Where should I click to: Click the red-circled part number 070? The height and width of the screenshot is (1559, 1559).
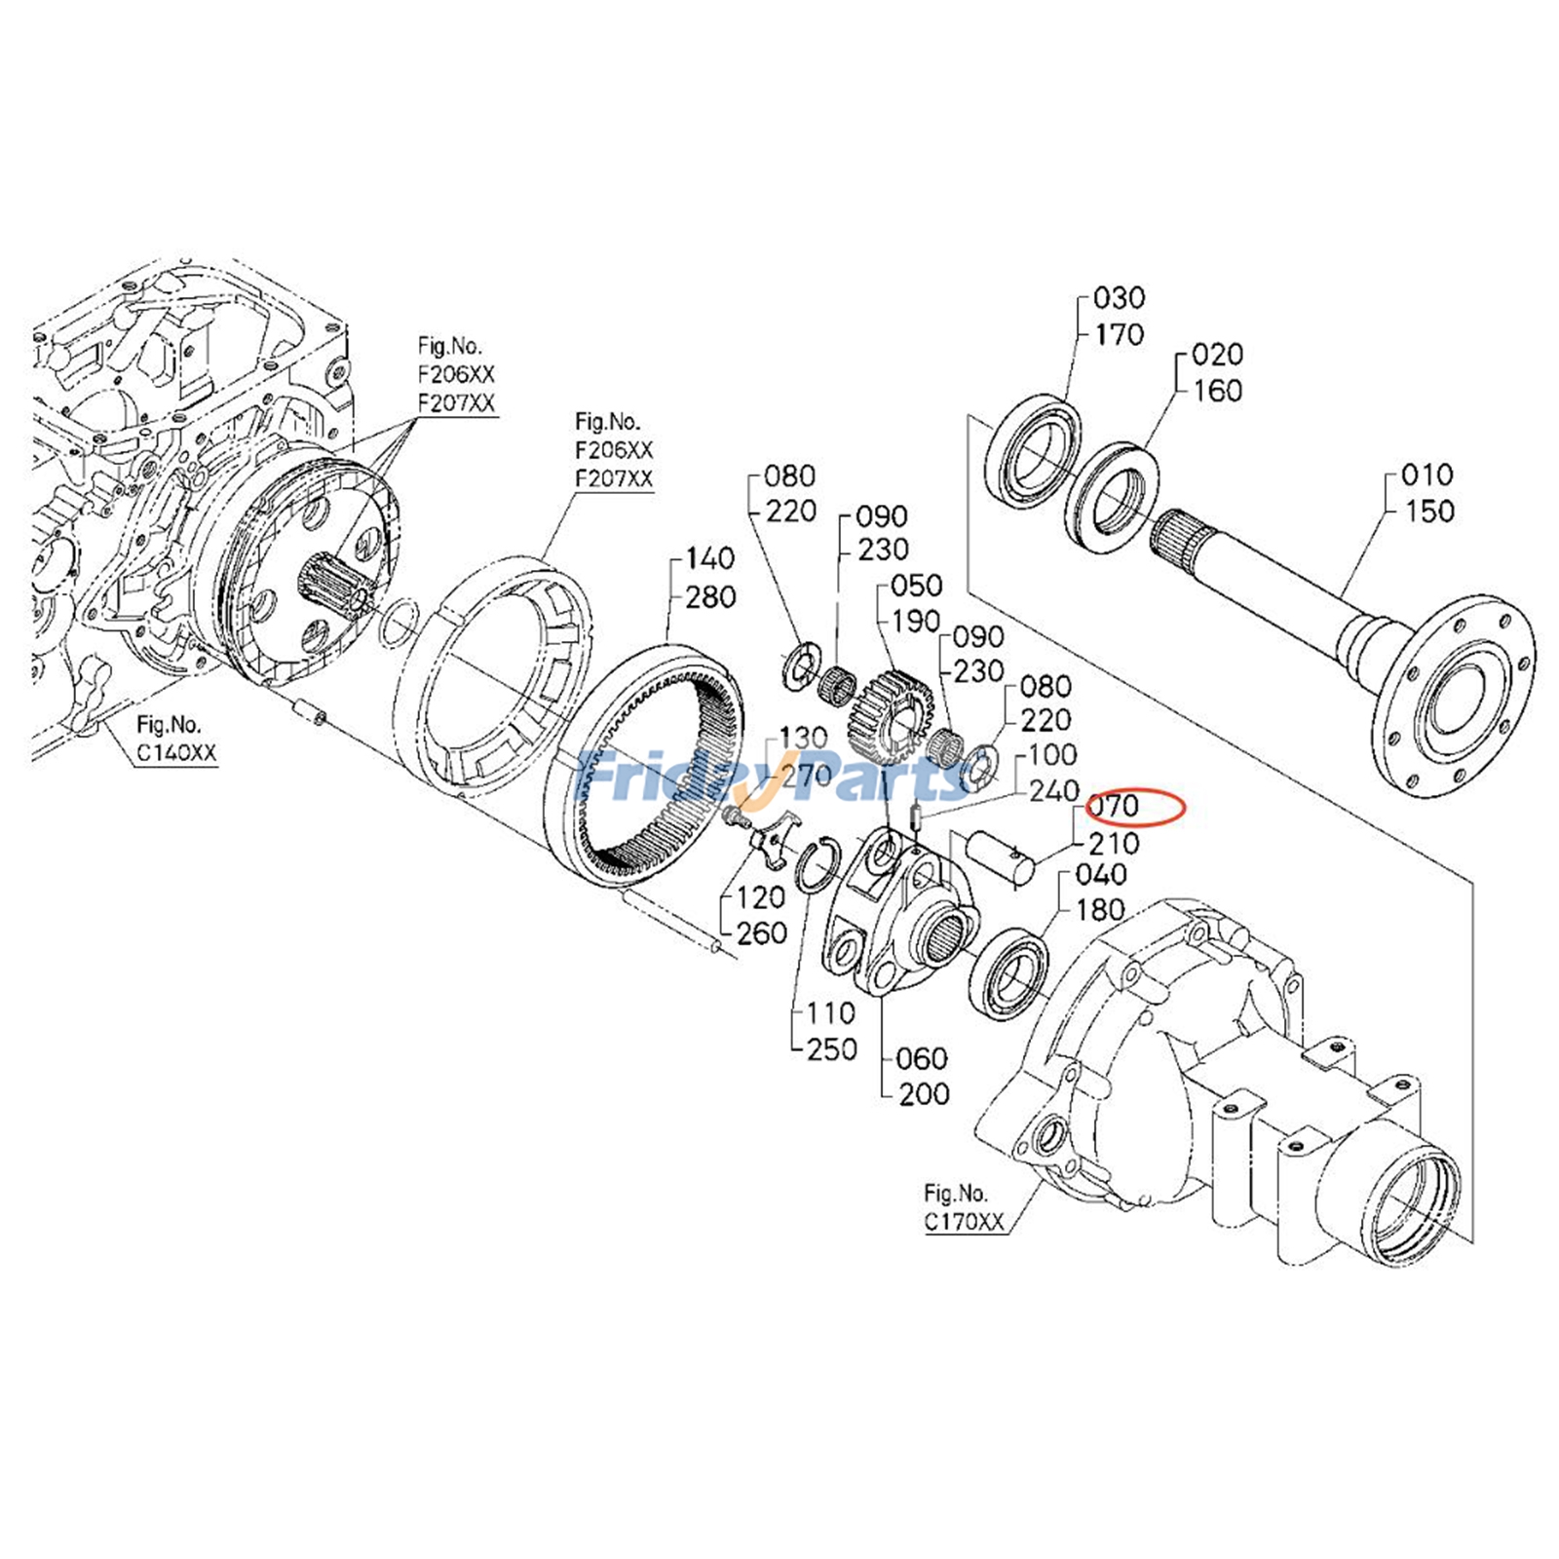tap(1114, 807)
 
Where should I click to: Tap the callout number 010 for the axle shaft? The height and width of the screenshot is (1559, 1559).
tap(1427, 475)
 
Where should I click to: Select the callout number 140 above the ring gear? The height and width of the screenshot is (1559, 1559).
tap(710, 559)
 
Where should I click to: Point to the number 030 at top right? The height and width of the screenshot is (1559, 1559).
tap(1119, 298)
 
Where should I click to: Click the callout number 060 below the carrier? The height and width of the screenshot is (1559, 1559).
tap(921, 1058)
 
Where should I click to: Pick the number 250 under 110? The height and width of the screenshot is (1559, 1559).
tap(832, 1049)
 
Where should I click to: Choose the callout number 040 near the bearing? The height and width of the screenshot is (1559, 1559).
tap(1101, 874)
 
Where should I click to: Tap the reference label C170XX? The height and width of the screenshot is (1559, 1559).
tap(964, 1222)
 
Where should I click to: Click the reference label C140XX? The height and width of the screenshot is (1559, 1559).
tap(176, 752)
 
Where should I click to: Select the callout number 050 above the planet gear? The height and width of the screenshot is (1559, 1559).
tap(916, 586)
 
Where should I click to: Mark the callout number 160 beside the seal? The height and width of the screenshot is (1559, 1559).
tap(1217, 391)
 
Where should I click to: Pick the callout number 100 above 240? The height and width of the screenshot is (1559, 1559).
tap(1052, 755)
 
